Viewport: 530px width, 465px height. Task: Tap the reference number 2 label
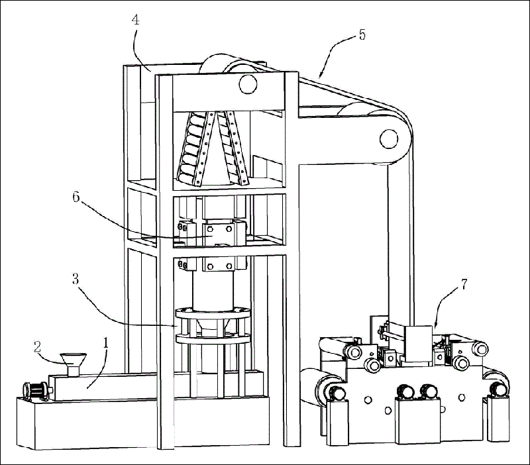(x=38, y=345)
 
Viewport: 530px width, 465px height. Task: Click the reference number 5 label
(x=362, y=34)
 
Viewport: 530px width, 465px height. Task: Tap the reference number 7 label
(x=464, y=285)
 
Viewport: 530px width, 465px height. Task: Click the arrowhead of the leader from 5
(x=319, y=76)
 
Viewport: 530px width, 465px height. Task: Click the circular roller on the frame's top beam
(x=246, y=84)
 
